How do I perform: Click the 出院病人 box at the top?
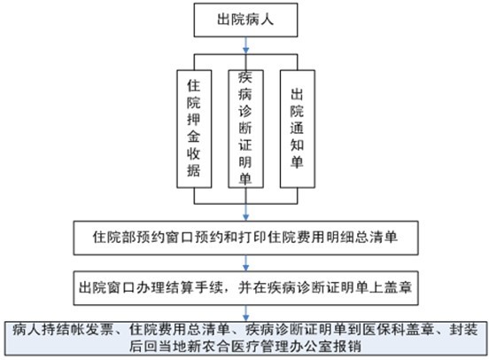245,20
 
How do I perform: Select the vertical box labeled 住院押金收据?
194,129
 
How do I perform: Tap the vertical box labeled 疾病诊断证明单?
245,129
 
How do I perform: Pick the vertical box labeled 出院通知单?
297,129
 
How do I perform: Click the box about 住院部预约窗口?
245,238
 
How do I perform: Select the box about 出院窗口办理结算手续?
245,288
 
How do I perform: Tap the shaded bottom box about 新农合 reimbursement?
245,339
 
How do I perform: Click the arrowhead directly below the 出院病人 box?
245,50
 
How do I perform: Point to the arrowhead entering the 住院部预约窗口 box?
245,217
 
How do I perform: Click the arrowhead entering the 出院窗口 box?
245,268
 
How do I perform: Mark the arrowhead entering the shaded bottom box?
245,317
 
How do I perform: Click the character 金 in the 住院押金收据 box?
194,137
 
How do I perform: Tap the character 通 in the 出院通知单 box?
297,128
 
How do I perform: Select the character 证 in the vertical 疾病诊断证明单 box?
245,145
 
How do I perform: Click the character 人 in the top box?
267,20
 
